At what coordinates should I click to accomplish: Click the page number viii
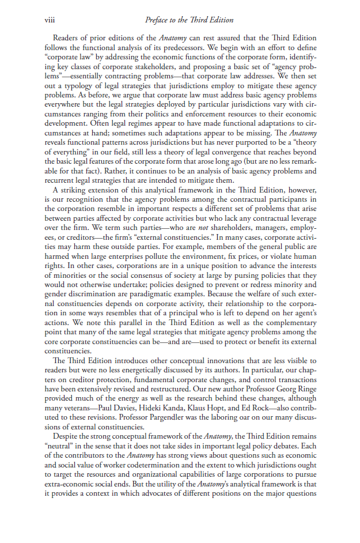coord(49,20)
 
